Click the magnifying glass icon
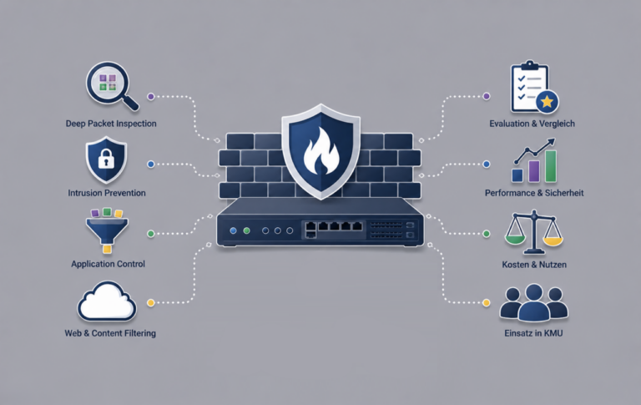point(109,84)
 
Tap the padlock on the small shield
point(106,159)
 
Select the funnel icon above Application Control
point(107,230)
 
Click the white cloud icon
point(107,301)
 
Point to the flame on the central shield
point(321,150)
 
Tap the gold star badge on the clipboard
point(547,101)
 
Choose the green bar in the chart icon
point(551,166)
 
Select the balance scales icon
point(534,232)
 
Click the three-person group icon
point(533,303)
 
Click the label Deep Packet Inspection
point(111,124)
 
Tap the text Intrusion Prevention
point(107,193)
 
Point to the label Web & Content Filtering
point(110,333)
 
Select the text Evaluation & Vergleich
point(532,124)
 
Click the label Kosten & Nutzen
point(534,265)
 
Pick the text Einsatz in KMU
point(533,333)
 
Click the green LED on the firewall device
point(246,230)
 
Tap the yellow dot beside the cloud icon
point(151,303)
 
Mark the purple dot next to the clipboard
point(486,96)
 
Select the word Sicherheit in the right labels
point(564,193)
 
